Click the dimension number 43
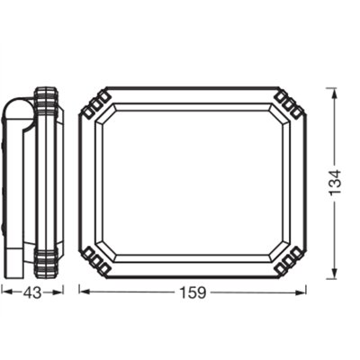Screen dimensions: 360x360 32,292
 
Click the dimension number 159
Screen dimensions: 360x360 193,292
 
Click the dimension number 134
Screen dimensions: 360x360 335,183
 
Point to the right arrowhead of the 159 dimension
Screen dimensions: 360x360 300,292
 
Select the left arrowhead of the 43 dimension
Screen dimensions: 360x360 7,292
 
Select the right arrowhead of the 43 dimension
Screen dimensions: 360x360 58,292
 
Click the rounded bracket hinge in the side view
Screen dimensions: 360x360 20,111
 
